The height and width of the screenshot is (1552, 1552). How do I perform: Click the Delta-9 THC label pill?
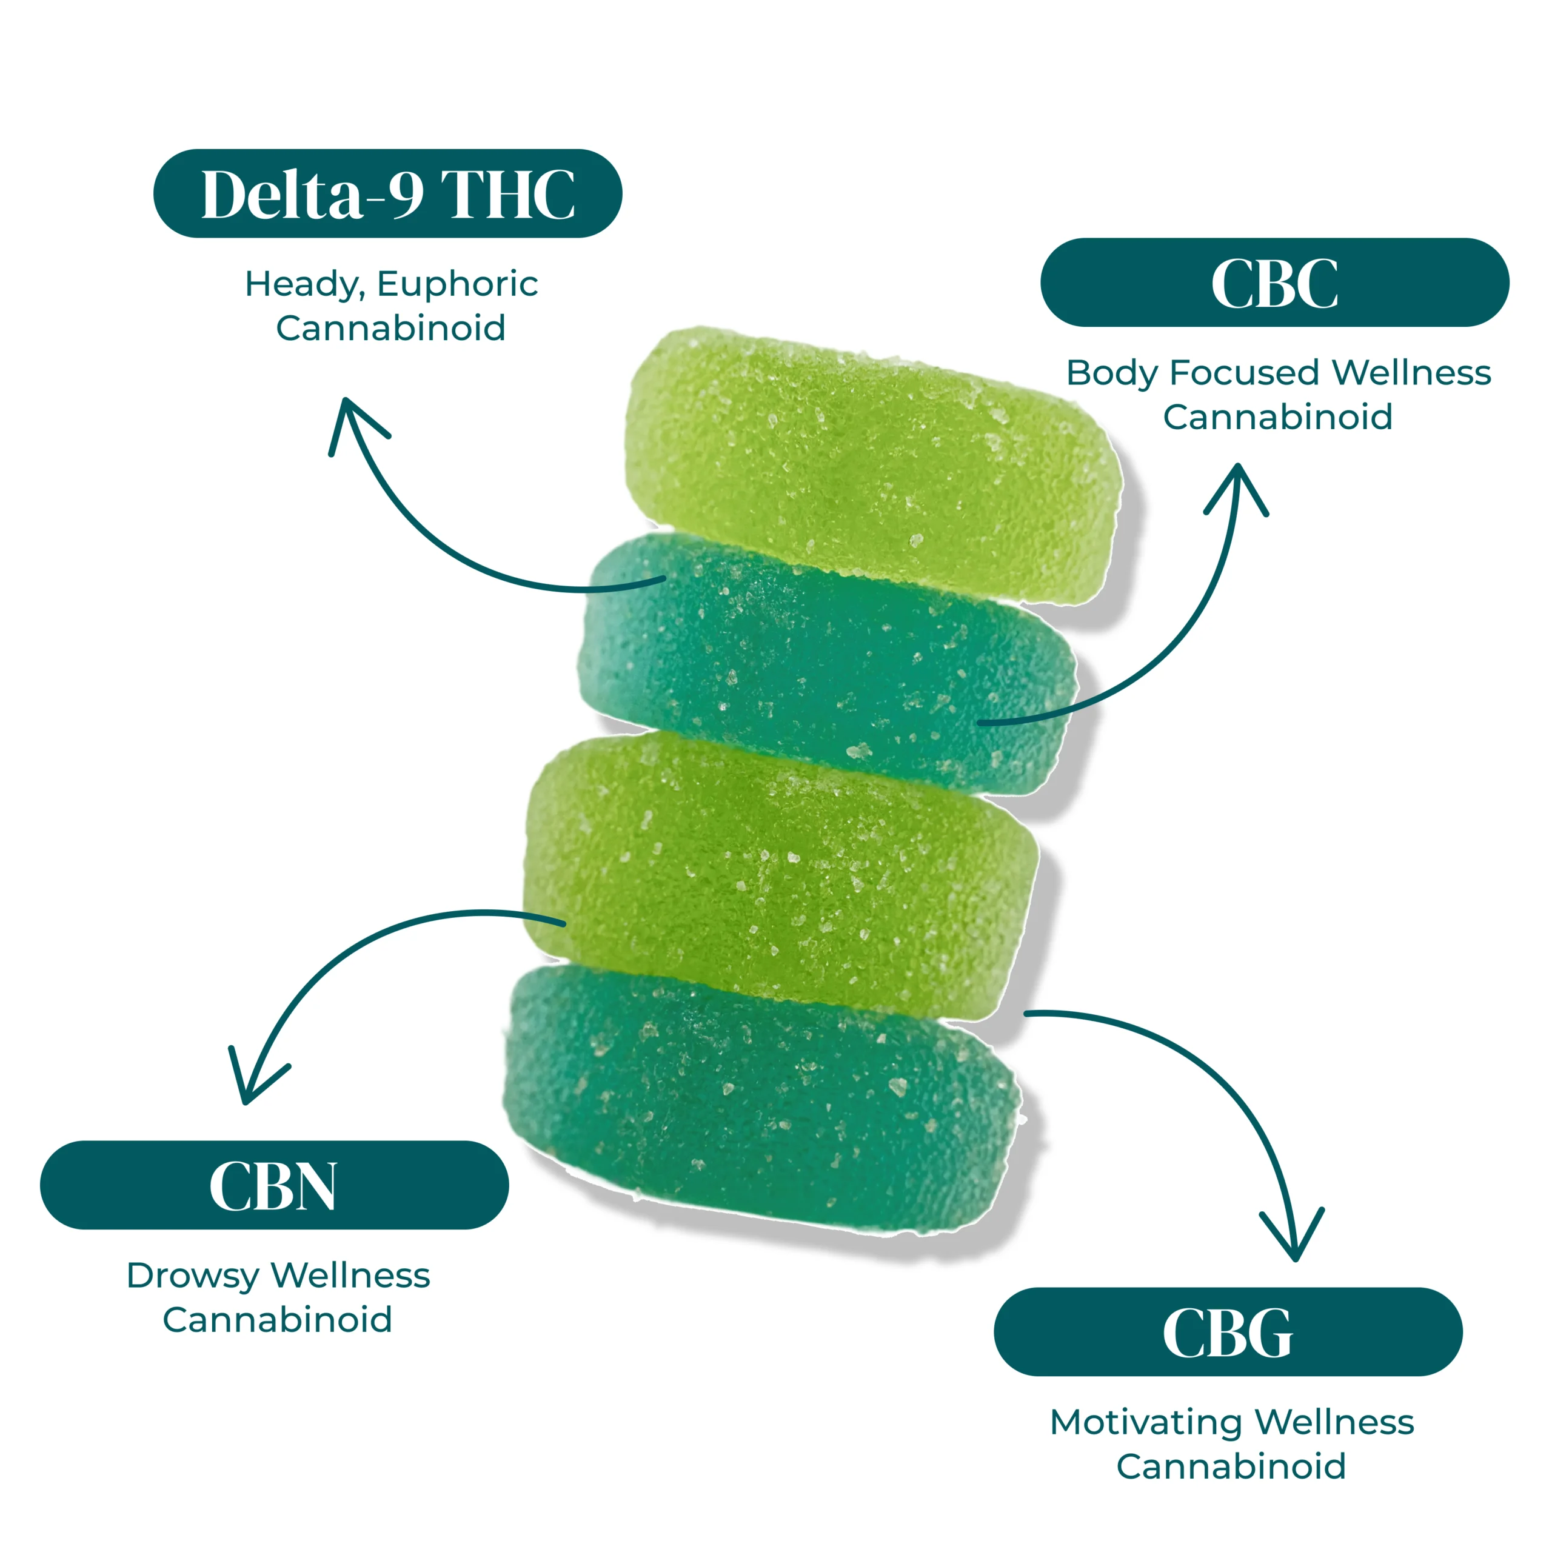[x=387, y=193]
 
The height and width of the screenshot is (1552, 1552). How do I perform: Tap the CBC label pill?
[x=1274, y=283]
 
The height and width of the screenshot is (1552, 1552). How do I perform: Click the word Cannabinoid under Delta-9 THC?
[x=390, y=328]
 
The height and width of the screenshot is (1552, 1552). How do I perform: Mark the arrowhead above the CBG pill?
[x=1294, y=1242]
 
